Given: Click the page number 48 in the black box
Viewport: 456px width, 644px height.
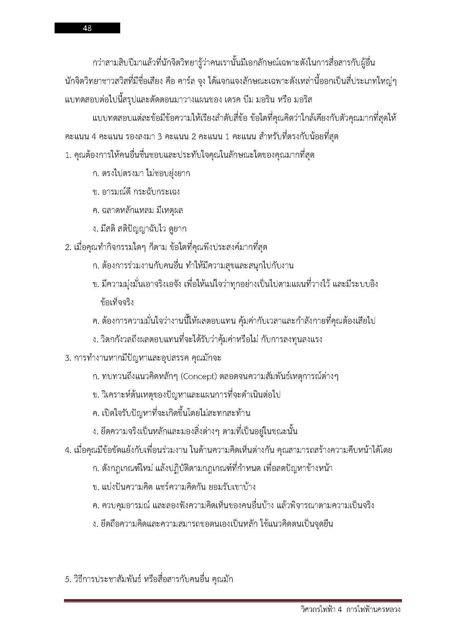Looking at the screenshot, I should point(87,28).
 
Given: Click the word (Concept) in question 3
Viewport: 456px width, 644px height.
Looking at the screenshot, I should point(199,376).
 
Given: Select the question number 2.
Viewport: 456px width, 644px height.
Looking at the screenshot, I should point(68,248).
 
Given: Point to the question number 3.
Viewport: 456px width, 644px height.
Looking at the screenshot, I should point(68,358).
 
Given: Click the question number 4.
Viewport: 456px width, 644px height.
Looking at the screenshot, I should point(68,450).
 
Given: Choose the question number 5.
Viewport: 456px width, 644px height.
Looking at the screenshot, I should point(68,580).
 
